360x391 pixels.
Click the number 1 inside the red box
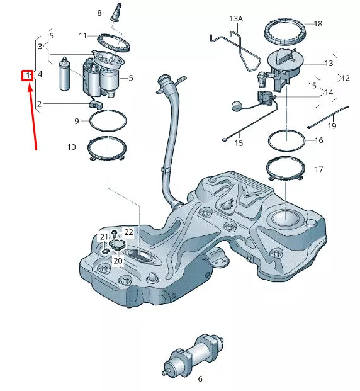click(28, 76)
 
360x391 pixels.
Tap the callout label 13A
click(235, 19)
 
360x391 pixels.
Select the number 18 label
click(318, 23)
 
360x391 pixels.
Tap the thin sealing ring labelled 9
click(108, 120)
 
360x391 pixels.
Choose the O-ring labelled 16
click(286, 139)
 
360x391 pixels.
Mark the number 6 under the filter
click(200, 379)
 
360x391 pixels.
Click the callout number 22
click(128, 232)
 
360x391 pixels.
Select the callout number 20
click(118, 260)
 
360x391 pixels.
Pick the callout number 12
click(345, 77)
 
